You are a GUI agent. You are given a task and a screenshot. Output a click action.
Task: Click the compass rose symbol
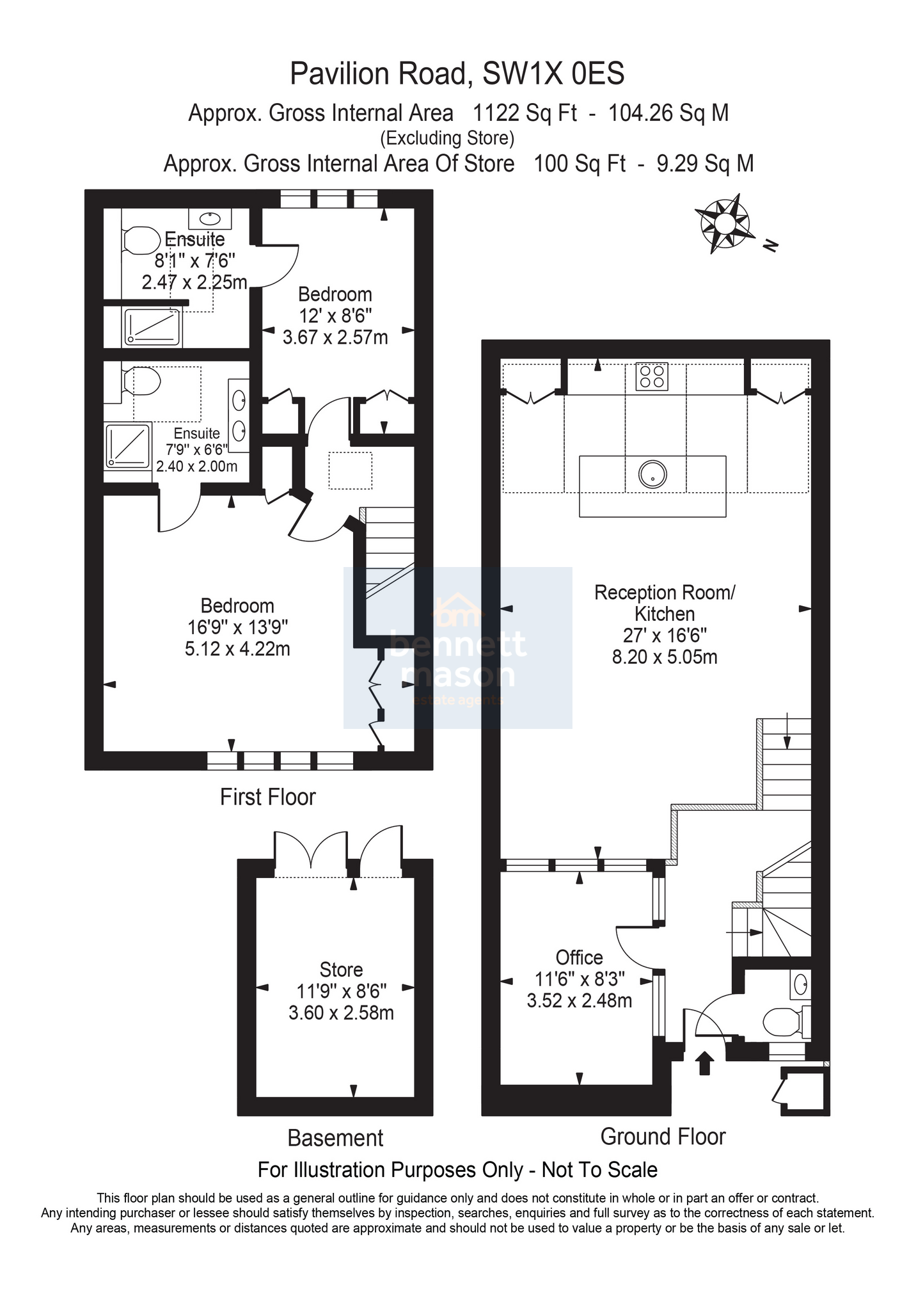pos(724,223)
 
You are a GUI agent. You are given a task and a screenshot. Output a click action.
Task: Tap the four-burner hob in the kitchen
pos(652,376)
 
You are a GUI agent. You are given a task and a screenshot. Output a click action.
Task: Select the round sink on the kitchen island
pos(652,474)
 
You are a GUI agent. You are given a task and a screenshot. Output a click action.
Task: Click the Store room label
pos(342,970)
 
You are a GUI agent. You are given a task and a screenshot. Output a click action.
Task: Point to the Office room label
pos(580,957)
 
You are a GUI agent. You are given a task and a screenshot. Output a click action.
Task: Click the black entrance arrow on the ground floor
pos(704,1063)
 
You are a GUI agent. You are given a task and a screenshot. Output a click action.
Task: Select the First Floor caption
pos(268,797)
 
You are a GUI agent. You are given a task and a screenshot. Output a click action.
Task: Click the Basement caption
pos(335,1138)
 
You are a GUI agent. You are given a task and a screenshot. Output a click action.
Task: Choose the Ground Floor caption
pos(663,1137)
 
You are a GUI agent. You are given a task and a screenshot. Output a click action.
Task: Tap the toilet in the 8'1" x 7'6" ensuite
pos(141,241)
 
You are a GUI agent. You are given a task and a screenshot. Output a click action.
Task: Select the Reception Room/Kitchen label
pos(665,603)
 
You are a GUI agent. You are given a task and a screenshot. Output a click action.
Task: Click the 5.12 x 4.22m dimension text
pos(237,649)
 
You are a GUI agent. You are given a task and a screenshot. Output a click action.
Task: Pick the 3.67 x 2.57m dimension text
pos(335,337)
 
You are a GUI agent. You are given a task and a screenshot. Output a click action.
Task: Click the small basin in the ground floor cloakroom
pos(800,986)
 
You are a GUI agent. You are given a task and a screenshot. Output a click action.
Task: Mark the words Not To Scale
pos(599,1170)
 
